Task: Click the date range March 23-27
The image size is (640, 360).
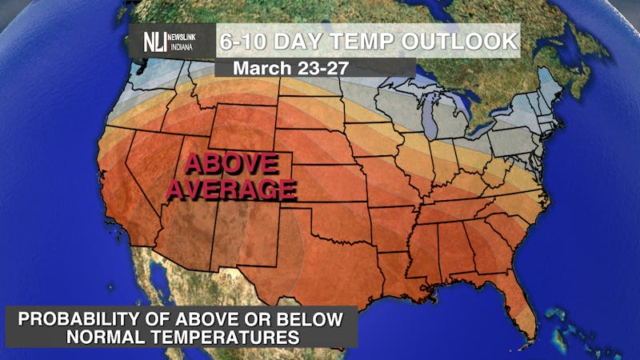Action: (x=290, y=69)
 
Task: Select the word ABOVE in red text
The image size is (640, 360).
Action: (x=231, y=165)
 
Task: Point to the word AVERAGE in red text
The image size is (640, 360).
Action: (x=231, y=190)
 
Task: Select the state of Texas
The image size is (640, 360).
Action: (x=320, y=264)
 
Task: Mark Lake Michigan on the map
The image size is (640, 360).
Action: (x=433, y=120)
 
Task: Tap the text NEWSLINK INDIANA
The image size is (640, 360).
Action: (x=190, y=41)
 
